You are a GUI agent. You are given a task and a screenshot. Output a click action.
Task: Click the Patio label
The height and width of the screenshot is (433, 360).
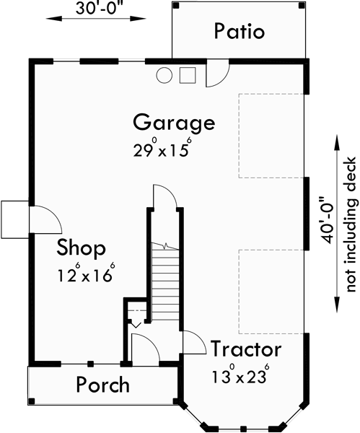[240, 32]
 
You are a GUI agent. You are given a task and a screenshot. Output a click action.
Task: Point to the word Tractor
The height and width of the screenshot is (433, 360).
[245, 350]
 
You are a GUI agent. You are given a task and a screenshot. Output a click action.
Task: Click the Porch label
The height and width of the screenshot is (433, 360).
[103, 385]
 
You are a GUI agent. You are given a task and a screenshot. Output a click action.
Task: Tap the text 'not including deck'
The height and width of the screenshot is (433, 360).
[351, 224]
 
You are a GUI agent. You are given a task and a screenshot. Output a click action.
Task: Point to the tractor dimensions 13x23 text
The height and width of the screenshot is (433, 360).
[240, 376]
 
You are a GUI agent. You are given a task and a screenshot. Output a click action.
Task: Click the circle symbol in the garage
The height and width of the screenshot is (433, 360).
[164, 74]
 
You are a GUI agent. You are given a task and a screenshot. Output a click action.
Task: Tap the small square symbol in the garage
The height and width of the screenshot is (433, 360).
[188, 74]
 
